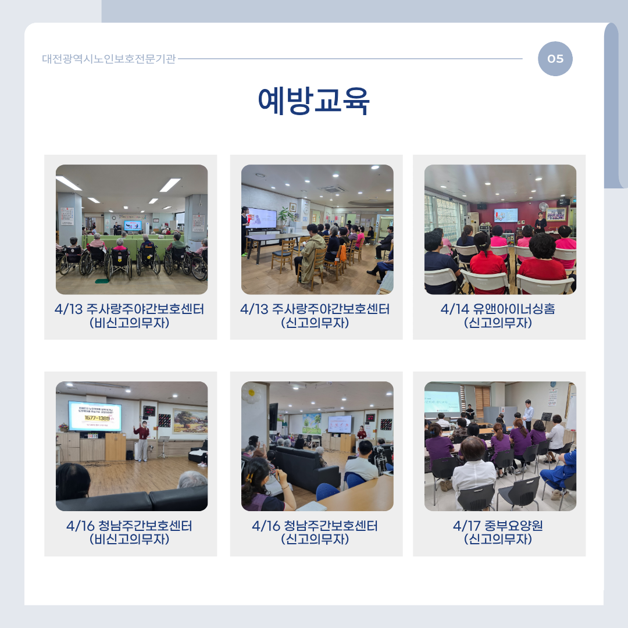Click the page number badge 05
(555, 59)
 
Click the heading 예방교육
(313, 101)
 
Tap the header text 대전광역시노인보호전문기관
(109, 59)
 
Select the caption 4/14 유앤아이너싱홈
(498, 309)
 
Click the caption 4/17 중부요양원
(498, 526)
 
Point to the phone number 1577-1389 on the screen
(97, 418)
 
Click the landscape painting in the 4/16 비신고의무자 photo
(190, 421)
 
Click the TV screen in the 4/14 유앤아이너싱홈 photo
(506, 215)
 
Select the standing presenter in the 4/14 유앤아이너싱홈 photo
(541, 222)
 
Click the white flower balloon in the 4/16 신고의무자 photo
(251, 393)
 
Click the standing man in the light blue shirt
(528, 415)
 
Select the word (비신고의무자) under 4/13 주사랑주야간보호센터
(129, 323)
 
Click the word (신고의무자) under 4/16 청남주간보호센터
(315, 539)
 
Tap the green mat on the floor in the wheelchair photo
(102, 281)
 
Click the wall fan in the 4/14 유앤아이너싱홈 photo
(543, 208)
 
